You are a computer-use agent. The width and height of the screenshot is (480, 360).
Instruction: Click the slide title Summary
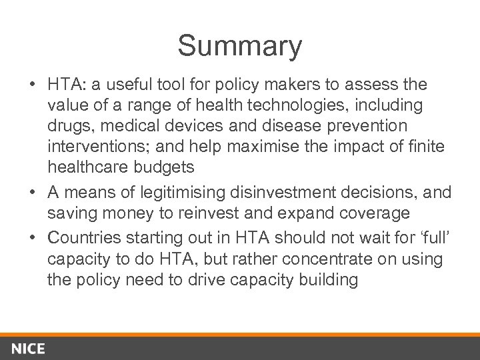(239, 46)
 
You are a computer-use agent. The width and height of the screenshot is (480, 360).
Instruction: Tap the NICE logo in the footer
(28, 349)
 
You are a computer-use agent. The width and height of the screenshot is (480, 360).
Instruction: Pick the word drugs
(70, 127)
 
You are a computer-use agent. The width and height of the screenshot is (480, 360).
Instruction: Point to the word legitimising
(177, 193)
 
